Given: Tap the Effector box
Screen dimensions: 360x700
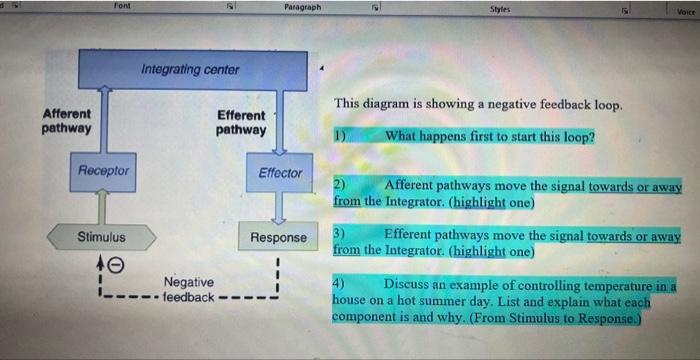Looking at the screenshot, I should [x=279, y=173].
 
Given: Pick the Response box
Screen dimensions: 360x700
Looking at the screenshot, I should [x=279, y=237].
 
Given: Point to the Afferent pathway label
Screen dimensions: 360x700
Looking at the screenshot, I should [x=67, y=121].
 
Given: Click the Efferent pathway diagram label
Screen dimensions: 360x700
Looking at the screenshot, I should [x=242, y=123].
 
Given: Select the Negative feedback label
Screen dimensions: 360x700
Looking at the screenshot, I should [x=189, y=290].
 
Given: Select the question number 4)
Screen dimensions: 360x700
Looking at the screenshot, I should [x=341, y=284].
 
